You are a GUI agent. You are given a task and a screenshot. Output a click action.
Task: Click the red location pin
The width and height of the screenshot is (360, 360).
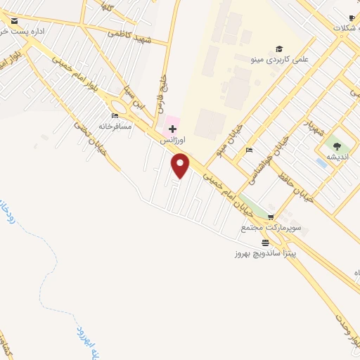tap(181, 165)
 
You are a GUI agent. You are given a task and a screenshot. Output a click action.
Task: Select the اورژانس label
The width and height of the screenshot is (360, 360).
tap(172, 141)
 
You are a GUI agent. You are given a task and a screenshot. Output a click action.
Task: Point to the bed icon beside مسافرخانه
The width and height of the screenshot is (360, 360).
tap(115, 115)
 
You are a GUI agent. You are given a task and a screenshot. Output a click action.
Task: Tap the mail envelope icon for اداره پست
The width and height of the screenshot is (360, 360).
tap(14, 22)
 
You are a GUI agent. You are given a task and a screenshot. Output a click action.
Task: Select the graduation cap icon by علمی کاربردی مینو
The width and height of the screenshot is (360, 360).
tap(279, 49)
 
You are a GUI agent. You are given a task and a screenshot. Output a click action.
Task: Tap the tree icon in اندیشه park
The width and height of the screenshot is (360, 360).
tap(337, 146)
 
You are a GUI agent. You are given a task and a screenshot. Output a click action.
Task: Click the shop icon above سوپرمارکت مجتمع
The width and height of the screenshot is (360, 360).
tap(271, 217)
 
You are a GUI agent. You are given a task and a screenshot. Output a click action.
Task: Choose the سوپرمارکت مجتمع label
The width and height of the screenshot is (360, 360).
tap(271, 228)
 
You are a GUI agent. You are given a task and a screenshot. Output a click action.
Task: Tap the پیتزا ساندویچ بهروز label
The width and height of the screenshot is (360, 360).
tap(266, 252)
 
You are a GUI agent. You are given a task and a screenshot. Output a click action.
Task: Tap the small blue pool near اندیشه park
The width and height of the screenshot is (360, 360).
tap(321, 163)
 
